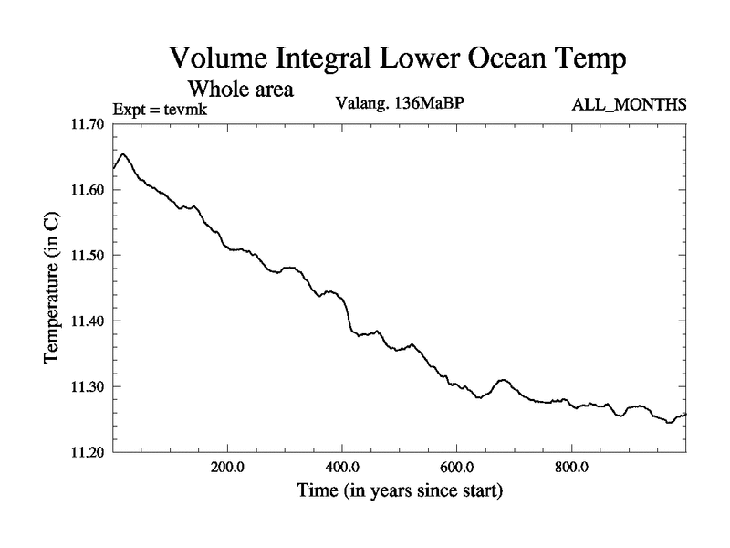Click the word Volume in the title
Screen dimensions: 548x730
pyautogui.click(x=218, y=60)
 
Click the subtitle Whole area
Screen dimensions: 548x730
pyautogui.click(x=241, y=90)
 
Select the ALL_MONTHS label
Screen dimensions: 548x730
pyautogui.click(x=629, y=104)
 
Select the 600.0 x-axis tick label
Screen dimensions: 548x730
pyautogui.click(x=456, y=468)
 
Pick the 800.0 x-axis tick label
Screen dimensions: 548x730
pyautogui.click(x=571, y=468)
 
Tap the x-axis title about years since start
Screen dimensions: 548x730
pyautogui.click(x=399, y=490)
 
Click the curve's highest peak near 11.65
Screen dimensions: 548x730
pyautogui.click(x=124, y=154)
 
